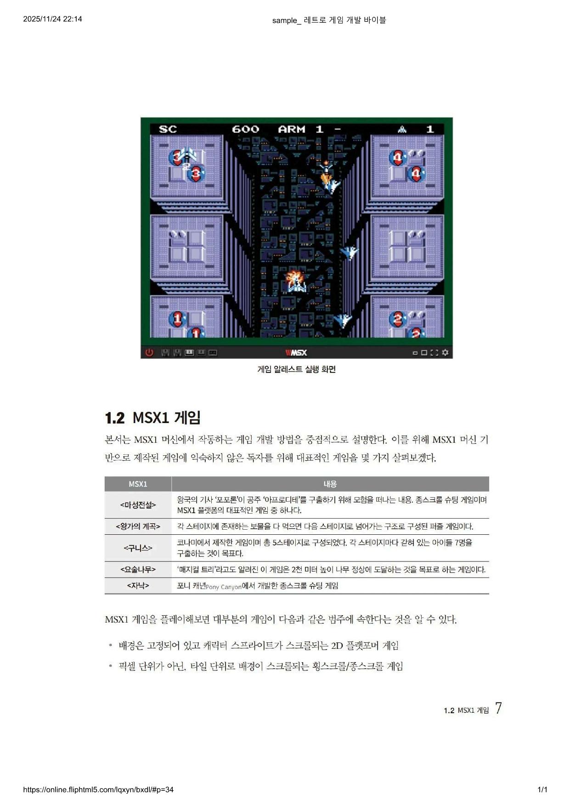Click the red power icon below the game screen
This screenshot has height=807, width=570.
pos(149,353)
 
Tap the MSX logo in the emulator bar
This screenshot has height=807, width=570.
pos(296,353)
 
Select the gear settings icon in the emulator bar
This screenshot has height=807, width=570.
pos(445,353)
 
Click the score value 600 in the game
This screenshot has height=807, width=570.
pos(245,129)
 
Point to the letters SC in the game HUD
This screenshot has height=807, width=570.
pos(168,129)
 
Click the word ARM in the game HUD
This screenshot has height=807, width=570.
pos(292,129)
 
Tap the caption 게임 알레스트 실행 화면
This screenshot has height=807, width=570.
pos(296,369)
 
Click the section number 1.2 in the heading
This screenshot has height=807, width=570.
pos(115,418)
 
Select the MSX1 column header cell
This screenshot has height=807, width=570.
pos(138,484)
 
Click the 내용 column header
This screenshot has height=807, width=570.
pos(330,484)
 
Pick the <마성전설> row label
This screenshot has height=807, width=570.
pos(138,505)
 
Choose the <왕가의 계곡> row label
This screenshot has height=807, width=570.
pos(138,527)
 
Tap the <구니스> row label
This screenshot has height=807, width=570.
pos(138,548)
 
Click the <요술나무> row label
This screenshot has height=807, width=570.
pos(138,569)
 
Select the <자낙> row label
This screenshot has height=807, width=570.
pos(138,585)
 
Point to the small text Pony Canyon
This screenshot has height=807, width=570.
pos(224,587)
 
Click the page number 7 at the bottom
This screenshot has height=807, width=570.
pos(498,708)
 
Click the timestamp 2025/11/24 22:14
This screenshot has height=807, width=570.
pos(52,19)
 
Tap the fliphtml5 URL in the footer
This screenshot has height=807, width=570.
pos(98,790)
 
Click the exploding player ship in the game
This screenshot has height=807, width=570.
pos(295,281)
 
